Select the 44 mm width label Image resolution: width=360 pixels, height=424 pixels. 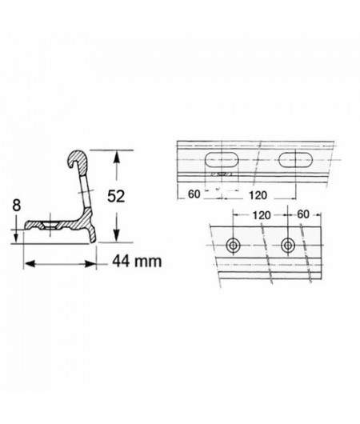[132, 260]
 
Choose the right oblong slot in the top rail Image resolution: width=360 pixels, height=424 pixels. [295, 158]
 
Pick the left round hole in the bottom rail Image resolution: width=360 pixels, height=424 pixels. [234, 245]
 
